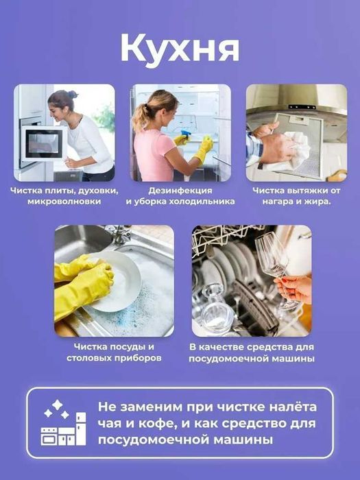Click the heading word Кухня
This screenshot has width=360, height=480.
coord(180,48)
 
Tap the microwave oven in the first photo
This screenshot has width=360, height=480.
coord(42,141)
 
